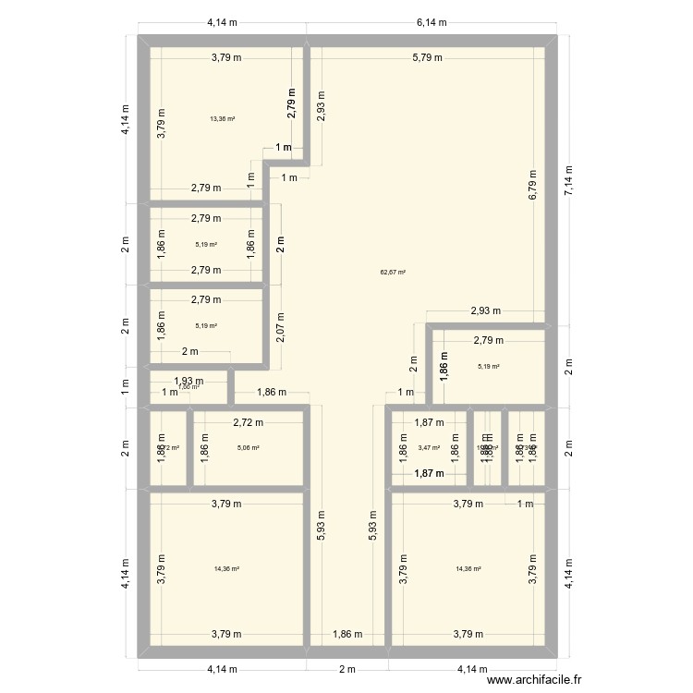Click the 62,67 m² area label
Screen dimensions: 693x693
393,273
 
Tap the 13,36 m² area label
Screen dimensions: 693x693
222,118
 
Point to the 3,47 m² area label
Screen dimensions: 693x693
429,448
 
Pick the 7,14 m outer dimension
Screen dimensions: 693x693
569,181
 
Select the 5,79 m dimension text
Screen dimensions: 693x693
427,58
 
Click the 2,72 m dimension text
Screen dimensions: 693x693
248,422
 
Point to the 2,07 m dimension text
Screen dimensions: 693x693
280,328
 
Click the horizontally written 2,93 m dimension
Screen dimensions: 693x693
485,311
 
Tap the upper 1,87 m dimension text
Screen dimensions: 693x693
429,422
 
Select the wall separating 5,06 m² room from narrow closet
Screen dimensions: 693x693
190,448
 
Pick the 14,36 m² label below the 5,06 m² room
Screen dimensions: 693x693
226,569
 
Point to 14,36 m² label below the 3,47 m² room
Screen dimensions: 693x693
468,569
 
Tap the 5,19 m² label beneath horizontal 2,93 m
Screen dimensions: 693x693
489,367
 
